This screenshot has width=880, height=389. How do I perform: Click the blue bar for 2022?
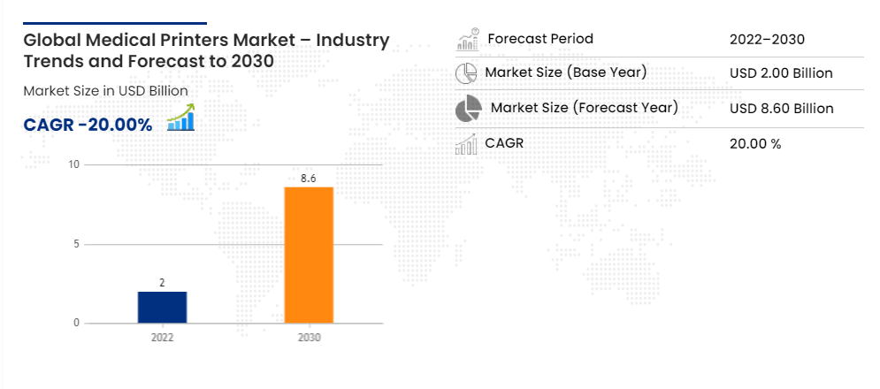pyautogui.click(x=162, y=308)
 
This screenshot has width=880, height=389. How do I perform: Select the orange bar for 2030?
pyautogui.click(x=309, y=255)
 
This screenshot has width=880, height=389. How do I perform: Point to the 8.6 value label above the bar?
pyautogui.click(x=309, y=179)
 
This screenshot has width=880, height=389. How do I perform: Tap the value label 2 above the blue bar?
pyautogui.click(x=162, y=283)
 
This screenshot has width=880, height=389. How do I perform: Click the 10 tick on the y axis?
pyautogui.click(x=74, y=164)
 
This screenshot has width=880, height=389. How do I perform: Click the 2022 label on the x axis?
pyautogui.click(x=162, y=338)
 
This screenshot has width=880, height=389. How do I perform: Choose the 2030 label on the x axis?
pyautogui.click(x=310, y=338)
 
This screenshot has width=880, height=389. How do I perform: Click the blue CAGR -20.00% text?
pyautogui.click(x=88, y=126)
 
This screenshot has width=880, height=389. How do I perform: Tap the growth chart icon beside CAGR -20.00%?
pyautogui.click(x=180, y=118)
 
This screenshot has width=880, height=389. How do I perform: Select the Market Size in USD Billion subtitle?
pyautogui.click(x=105, y=91)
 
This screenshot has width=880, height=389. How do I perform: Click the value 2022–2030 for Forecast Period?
pyautogui.click(x=767, y=39)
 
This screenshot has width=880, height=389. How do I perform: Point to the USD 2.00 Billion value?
pyautogui.click(x=781, y=73)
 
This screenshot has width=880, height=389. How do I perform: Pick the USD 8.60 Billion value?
pyautogui.click(x=782, y=109)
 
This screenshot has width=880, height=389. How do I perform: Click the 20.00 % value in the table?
pyautogui.click(x=755, y=144)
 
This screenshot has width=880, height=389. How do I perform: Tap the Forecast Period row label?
pyautogui.click(x=540, y=39)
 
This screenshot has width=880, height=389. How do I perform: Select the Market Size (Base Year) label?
pyautogui.click(x=566, y=72)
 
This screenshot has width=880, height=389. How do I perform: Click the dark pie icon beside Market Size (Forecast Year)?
pyautogui.click(x=469, y=109)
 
